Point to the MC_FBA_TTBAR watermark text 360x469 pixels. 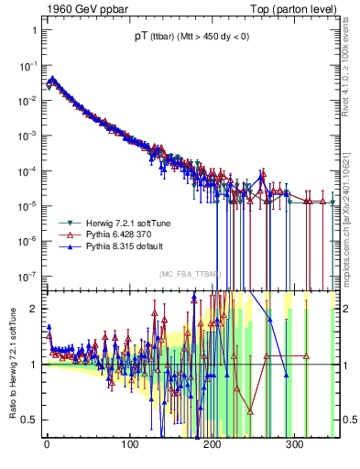(x=190, y=275)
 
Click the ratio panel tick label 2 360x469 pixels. (x=33, y=309)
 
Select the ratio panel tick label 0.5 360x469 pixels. (x=29, y=420)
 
